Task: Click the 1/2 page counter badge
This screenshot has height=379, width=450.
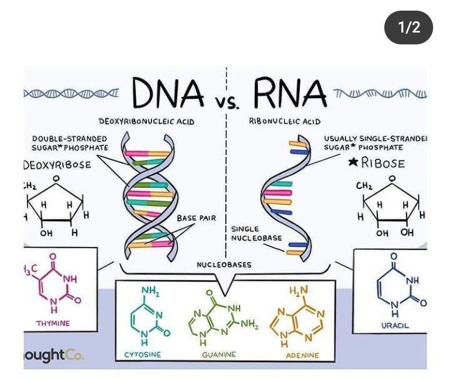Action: tap(409, 28)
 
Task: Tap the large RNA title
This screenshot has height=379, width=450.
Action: tap(290, 93)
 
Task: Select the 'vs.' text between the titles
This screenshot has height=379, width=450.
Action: tap(228, 104)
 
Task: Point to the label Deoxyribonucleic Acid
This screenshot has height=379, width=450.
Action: tap(146, 121)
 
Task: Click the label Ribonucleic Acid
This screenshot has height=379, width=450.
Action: tap(285, 121)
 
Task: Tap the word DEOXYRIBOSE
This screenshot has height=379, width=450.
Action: tap(57, 164)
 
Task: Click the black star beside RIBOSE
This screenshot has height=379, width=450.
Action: tap(353, 162)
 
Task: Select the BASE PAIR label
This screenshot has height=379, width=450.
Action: tap(197, 218)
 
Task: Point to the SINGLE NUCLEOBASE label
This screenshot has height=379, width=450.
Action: tap(257, 233)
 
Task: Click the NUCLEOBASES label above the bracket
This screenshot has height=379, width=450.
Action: tap(224, 265)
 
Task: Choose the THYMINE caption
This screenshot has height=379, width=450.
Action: tap(53, 323)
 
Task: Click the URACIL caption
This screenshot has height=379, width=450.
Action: tap(395, 325)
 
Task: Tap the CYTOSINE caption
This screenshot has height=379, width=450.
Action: tap(143, 355)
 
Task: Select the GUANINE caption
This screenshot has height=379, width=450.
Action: tap(219, 355)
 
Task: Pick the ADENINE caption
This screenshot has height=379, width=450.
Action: tap(302, 355)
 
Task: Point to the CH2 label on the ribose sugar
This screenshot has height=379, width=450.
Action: tap(364, 186)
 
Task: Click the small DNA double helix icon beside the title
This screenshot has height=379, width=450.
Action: tap(71, 93)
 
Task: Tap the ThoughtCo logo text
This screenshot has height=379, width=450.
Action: tap(54, 355)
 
